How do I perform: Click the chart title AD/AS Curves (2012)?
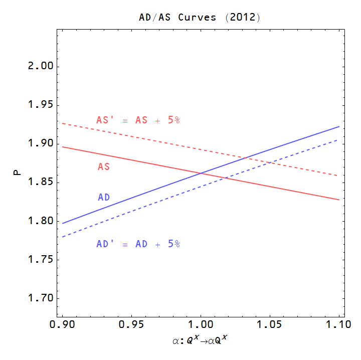coord(200,18)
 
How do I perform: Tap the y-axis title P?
coord(17,173)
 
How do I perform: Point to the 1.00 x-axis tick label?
coord(201,325)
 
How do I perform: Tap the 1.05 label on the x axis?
coord(270,325)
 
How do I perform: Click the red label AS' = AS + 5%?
coord(138,120)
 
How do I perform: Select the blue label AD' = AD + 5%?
coord(138,244)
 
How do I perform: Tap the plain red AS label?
coord(104,167)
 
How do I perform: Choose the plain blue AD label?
coord(104,198)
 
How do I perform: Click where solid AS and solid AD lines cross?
coord(201,173)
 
